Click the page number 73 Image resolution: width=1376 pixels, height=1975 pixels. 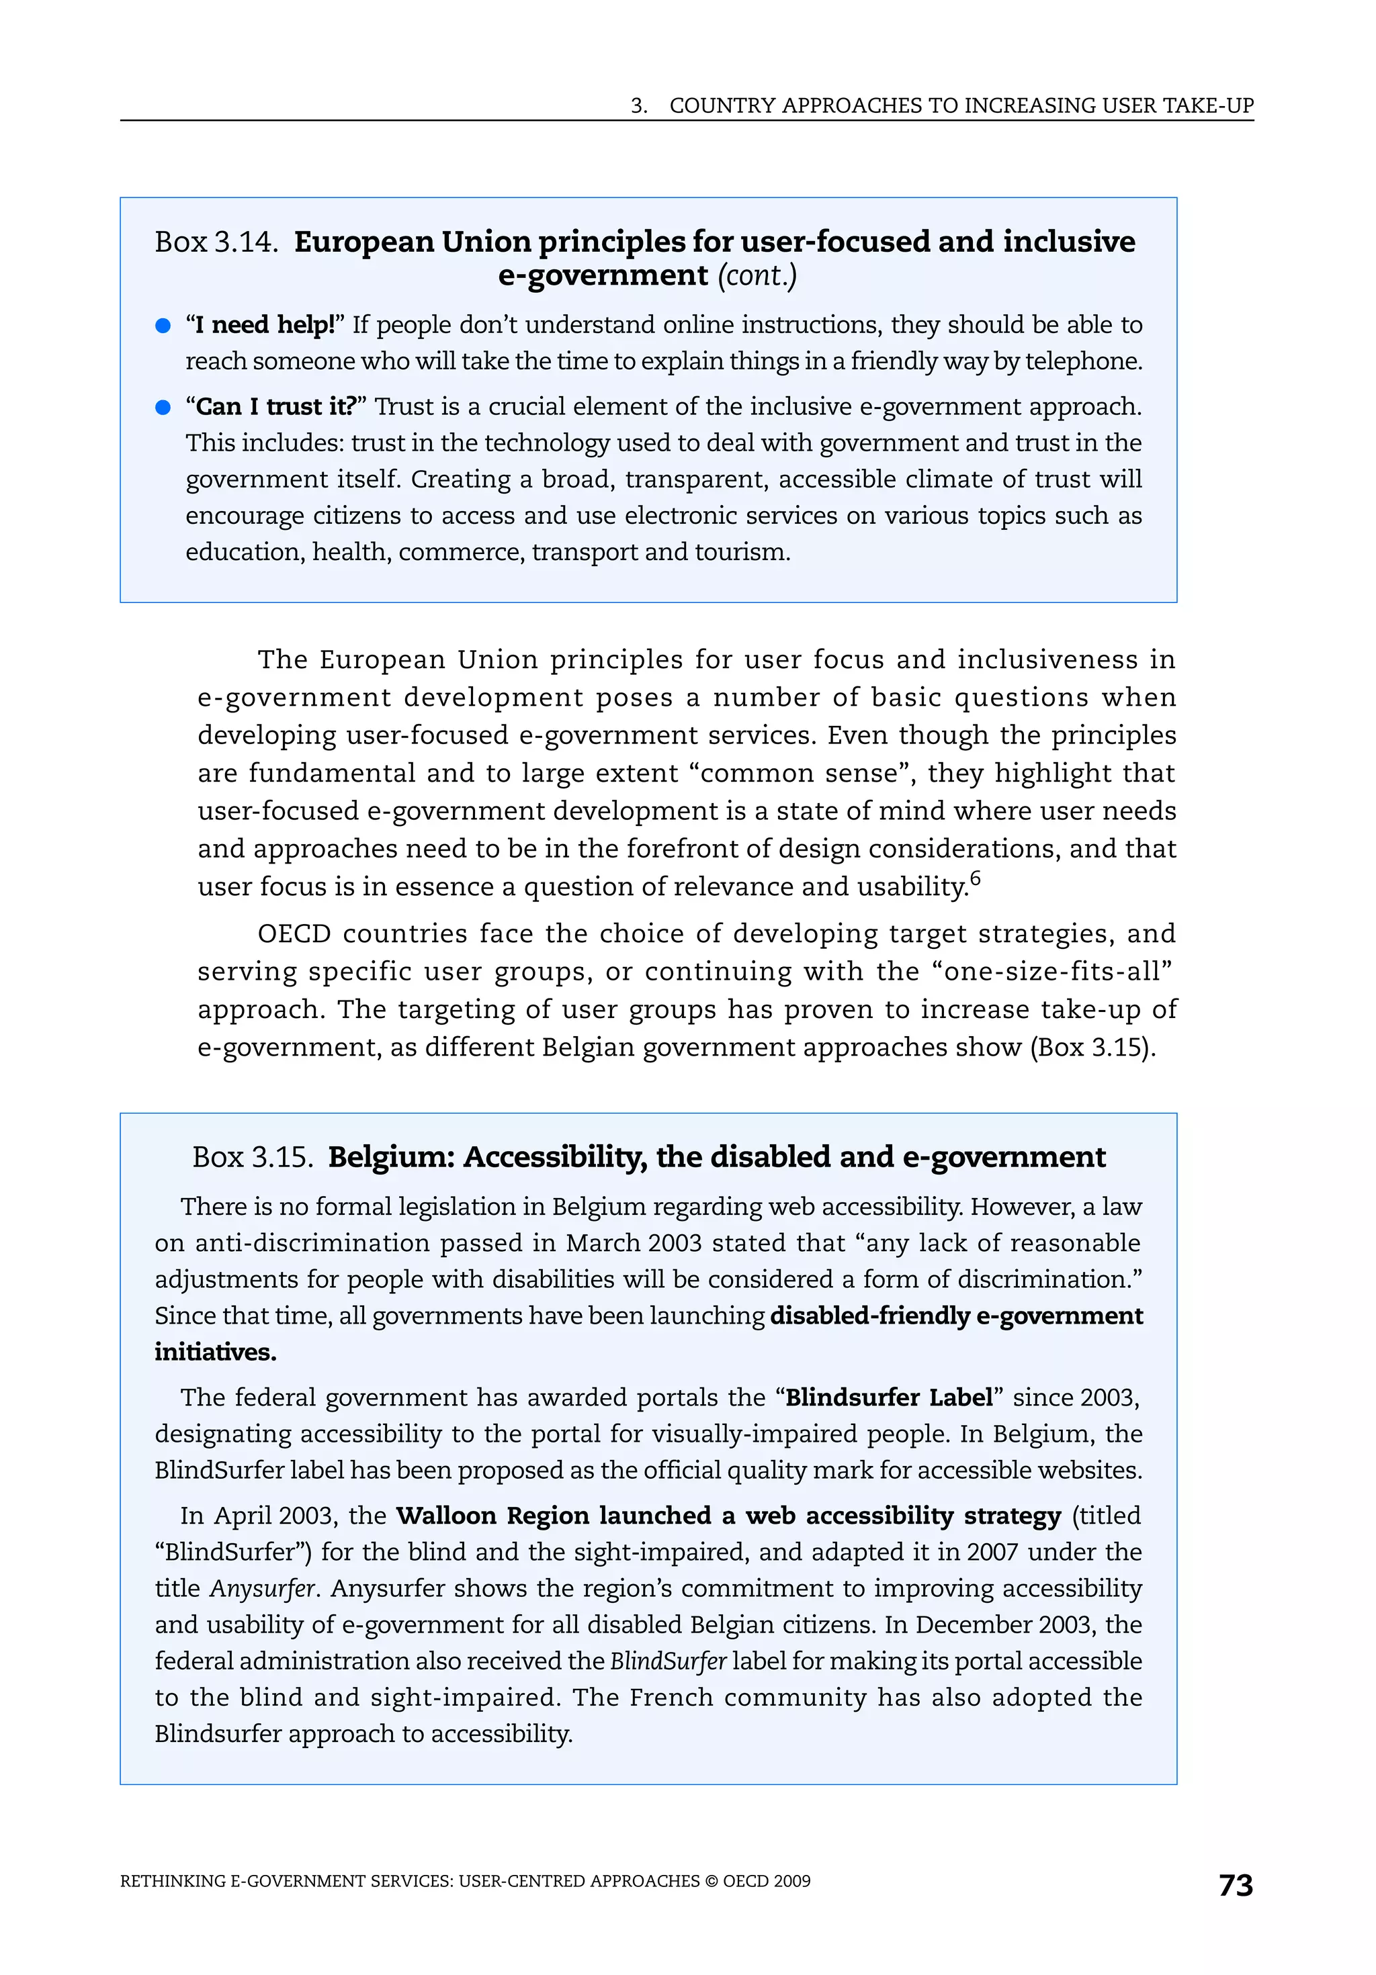click(x=1235, y=1885)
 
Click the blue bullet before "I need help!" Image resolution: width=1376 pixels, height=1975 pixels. click(x=163, y=325)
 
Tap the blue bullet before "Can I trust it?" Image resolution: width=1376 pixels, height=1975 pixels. click(x=163, y=407)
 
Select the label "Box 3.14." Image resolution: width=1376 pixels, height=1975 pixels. click(x=216, y=242)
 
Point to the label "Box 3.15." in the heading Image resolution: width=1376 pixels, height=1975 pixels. click(x=252, y=1158)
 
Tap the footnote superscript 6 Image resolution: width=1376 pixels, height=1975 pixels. click(x=974, y=878)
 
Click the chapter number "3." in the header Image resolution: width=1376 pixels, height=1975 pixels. click(x=638, y=106)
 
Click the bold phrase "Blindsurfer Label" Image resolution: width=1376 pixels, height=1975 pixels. click(x=889, y=1398)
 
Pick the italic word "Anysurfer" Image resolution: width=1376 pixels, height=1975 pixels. click(x=263, y=1588)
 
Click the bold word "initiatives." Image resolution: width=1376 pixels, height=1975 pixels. click(x=215, y=1352)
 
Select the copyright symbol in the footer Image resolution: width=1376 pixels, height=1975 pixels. click(x=711, y=1881)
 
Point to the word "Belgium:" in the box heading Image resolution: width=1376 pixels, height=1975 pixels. click(x=392, y=1158)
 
